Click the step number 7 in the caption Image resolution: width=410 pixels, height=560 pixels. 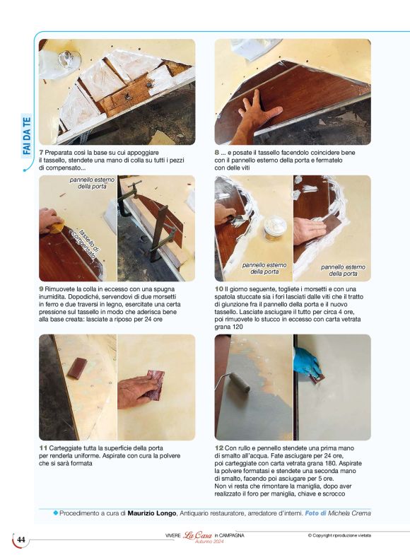point(41,152)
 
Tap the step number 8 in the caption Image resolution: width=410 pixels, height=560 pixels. point(217,152)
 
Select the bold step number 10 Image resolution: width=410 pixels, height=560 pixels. point(219,289)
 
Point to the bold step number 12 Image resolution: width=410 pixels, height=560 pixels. point(219,448)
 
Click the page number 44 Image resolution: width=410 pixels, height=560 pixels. point(21,540)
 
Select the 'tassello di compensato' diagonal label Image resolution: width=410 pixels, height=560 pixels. point(90,245)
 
